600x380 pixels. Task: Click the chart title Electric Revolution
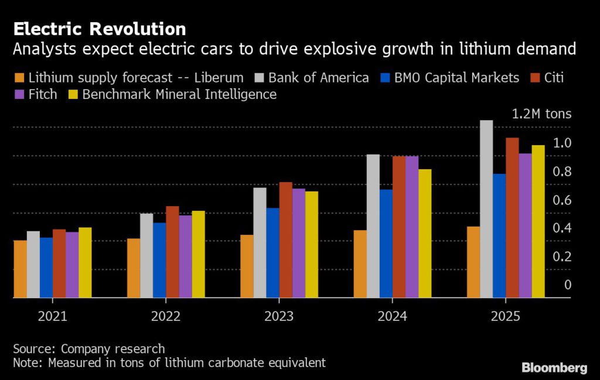(x=100, y=29)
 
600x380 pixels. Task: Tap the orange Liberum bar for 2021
(x=20, y=269)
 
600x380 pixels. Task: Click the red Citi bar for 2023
(x=286, y=240)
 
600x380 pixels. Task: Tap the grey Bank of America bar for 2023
(x=260, y=242)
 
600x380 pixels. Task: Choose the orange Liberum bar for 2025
(x=473, y=262)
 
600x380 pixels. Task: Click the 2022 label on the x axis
(x=166, y=317)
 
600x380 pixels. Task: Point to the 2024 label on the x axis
(x=392, y=317)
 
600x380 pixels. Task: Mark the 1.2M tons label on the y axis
(x=541, y=114)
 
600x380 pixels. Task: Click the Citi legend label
(x=554, y=77)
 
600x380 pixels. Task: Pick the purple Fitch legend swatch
(x=19, y=94)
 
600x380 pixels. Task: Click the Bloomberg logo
(x=554, y=368)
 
